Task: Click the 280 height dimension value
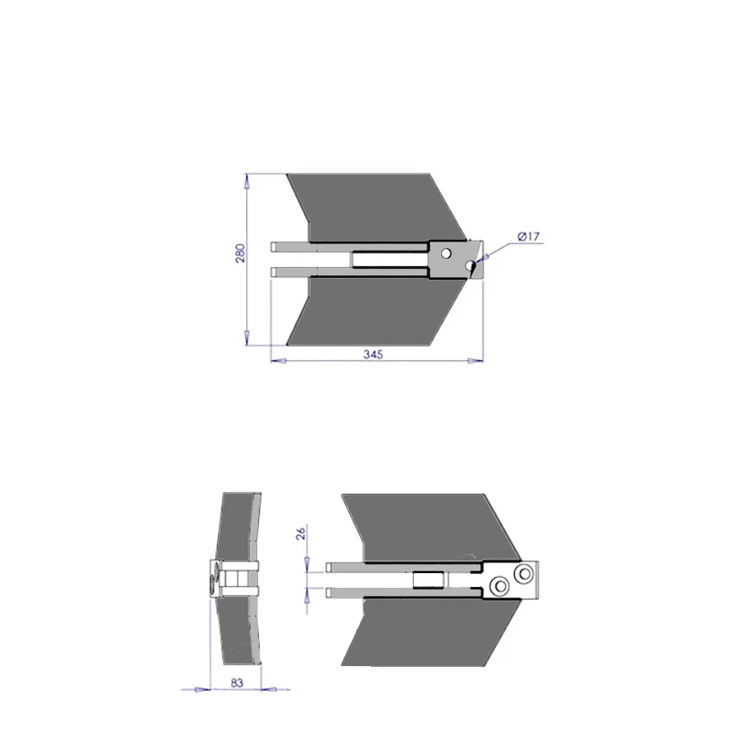point(240,253)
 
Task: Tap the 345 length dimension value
point(373,354)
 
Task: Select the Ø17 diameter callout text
point(529,236)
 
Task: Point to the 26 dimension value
point(301,533)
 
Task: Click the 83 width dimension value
point(237,683)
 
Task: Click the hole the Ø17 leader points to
point(470,266)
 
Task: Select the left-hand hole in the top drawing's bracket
point(446,253)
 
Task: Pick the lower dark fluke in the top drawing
point(376,312)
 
